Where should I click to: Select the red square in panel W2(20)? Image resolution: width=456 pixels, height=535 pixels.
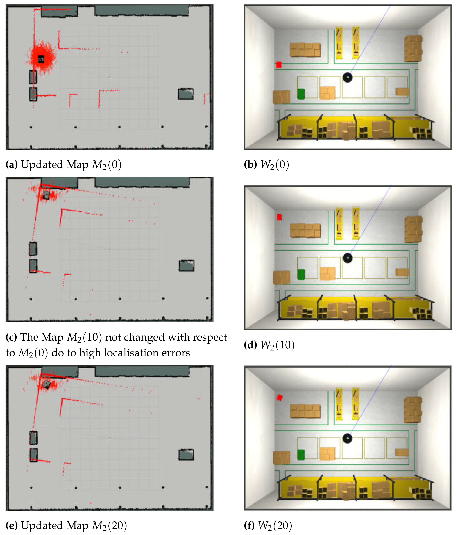279,398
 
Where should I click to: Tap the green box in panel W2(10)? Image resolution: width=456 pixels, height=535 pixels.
301,274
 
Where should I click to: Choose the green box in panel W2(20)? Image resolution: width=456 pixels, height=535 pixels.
301,455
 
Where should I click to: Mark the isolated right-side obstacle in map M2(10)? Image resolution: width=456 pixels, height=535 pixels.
186,266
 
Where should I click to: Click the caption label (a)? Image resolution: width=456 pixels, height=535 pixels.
12,165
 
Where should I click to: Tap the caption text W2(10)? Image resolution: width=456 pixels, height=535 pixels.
277,345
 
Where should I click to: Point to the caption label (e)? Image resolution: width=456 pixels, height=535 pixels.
12,525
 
